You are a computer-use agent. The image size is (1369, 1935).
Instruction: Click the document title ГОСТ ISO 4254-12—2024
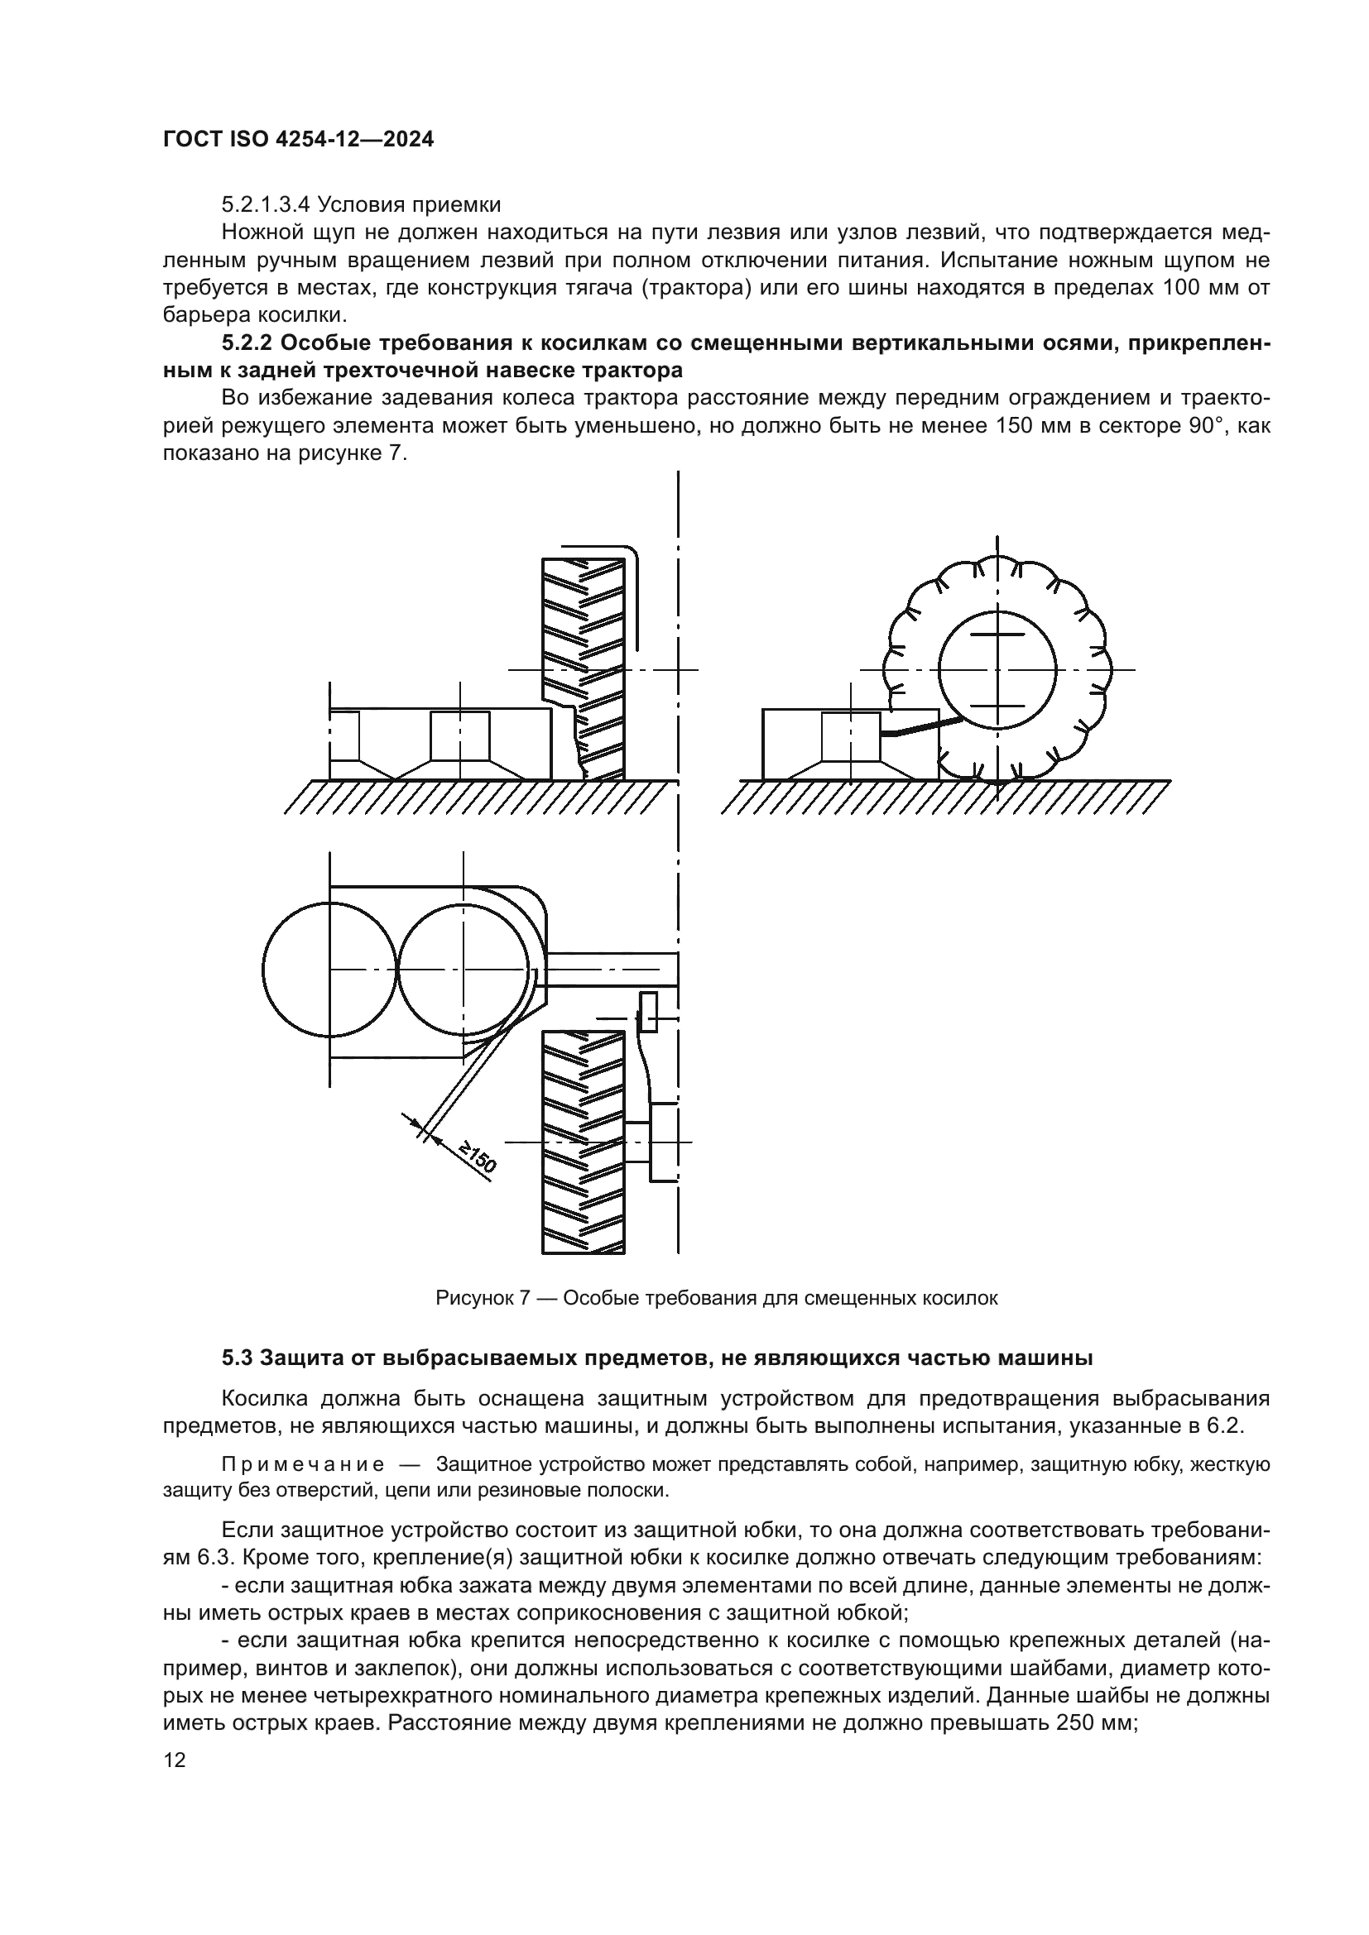[x=299, y=140]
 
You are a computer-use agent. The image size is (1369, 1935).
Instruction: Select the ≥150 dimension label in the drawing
[x=477, y=1159]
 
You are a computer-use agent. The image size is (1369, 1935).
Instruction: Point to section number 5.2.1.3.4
[x=266, y=205]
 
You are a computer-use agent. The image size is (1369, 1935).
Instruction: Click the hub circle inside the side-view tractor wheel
[x=997, y=669]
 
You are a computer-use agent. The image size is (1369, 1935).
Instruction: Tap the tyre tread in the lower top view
[x=584, y=1142]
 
